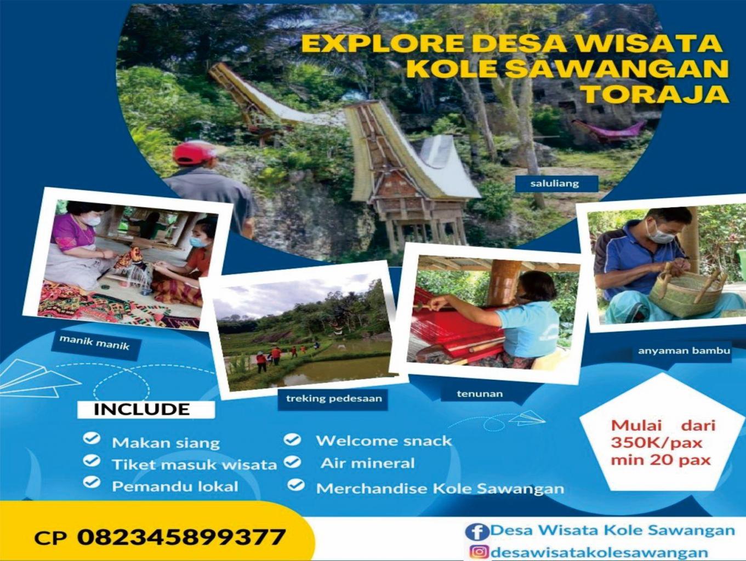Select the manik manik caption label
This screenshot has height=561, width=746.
(x=94, y=344)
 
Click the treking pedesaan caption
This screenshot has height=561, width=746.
(x=334, y=398)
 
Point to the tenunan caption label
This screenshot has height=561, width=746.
(x=480, y=394)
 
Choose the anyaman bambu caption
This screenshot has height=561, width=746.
(x=684, y=351)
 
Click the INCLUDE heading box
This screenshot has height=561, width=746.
(x=146, y=410)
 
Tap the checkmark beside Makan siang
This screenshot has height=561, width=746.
(x=92, y=439)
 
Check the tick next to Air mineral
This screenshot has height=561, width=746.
(x=293, y=462)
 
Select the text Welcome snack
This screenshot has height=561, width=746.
(x=384, y=441)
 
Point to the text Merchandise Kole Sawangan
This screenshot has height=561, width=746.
(x=440, y=488)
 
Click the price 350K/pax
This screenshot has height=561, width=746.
(x=656, y=443)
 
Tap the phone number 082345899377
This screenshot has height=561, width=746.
(x=181, y=537)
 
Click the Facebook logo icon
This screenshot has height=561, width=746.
(x=477, y=532)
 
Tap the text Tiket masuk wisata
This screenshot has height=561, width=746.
(x=195, y=465)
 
